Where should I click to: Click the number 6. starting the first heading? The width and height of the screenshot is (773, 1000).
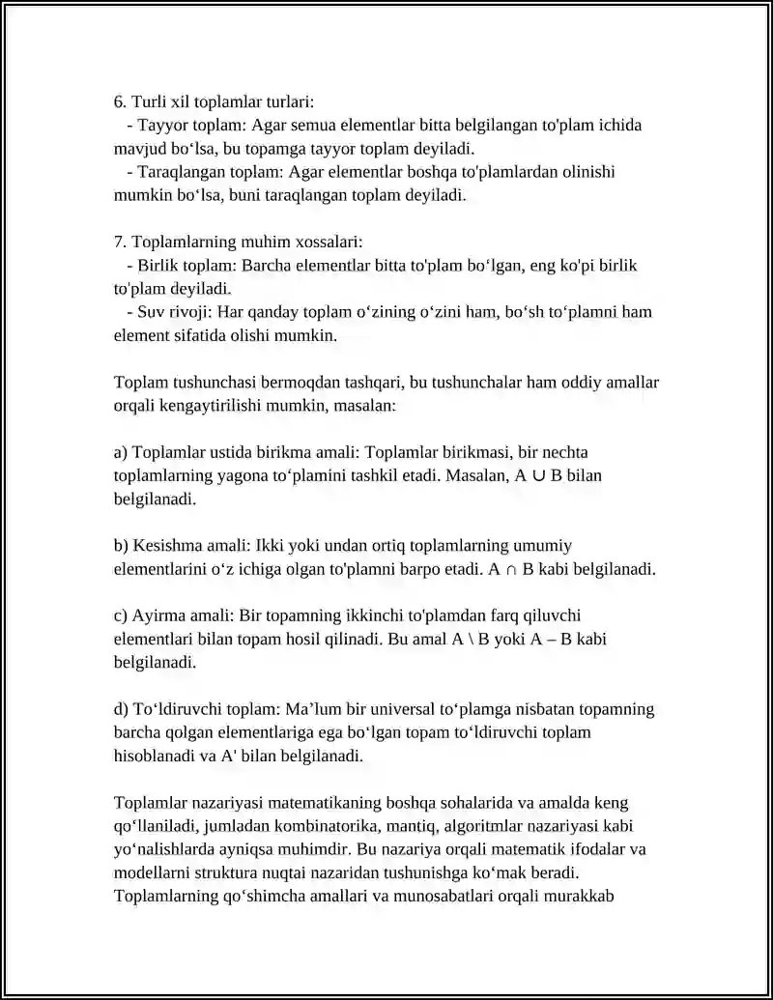point(120,101)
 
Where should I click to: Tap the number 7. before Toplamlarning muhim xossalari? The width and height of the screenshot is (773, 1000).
point(120,242)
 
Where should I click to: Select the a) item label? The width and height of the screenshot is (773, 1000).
point(121,452)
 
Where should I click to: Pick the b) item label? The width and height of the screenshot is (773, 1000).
point(121,546)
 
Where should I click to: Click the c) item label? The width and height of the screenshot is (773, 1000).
point(121,616)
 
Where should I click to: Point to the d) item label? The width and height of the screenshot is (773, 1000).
point(121,710)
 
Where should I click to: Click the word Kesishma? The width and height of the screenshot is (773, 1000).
point(165,546)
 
